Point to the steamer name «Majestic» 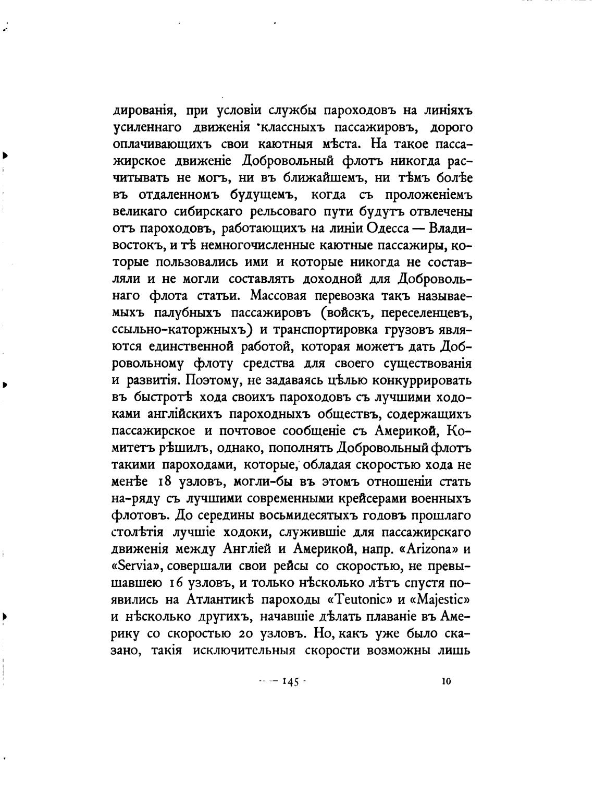coord(445,600)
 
